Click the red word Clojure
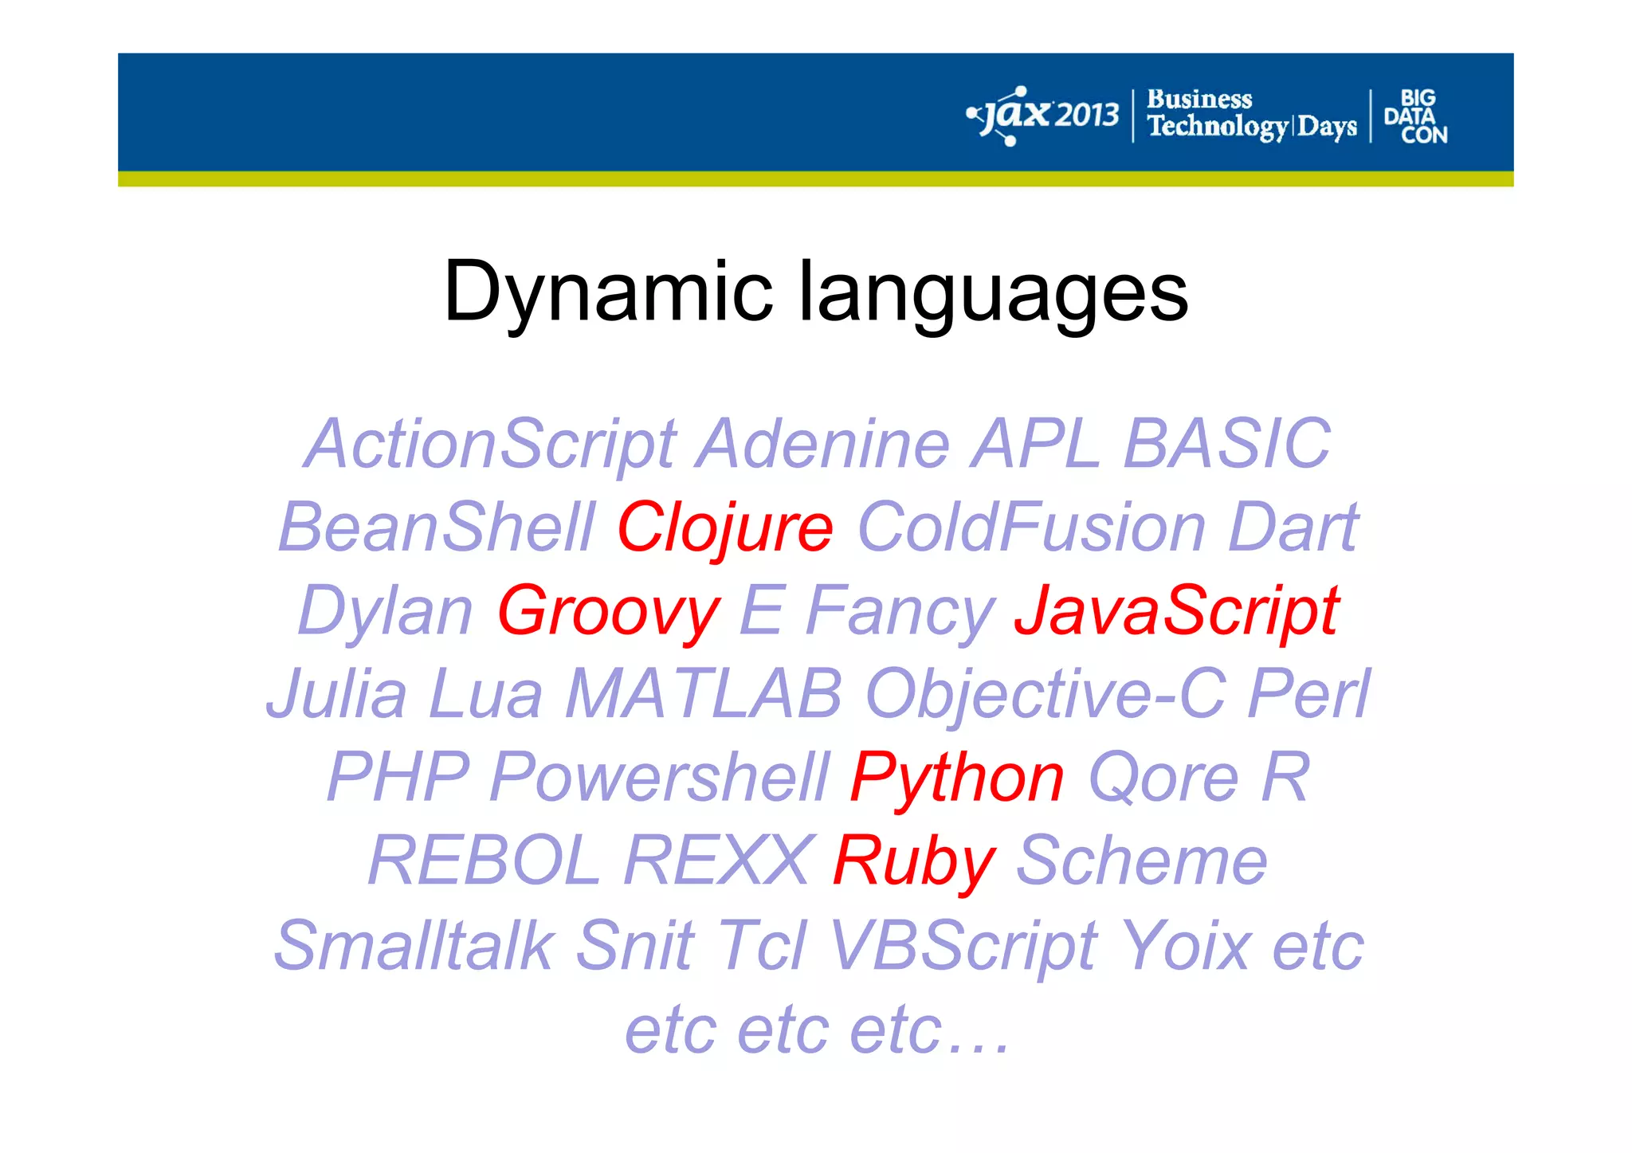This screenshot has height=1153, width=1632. (x=724, y=527)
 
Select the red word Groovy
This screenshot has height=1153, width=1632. (x=608, y=611)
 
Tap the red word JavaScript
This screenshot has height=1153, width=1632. (x=1176, y=611)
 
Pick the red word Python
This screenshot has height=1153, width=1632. (x=956, y=778)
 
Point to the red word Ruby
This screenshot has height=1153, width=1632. (x=913, y=861)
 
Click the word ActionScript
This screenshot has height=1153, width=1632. (x=491, y=444)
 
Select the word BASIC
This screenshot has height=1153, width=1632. (x=1226, y=444)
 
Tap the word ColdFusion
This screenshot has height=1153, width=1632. (x=1031, y=527)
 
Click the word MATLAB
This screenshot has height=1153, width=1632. (x=704, y=694)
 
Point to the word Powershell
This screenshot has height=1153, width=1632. (x=660, y=778)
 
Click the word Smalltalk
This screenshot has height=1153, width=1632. (x=414, y=946)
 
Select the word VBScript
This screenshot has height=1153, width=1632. (x=963, y=946)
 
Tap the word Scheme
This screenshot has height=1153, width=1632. (x=1141, y=861)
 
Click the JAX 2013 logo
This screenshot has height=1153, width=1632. (x=1043, y=116)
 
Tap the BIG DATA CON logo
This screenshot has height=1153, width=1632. (x=1415, y=116)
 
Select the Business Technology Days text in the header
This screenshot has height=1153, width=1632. (x=1251, y=116)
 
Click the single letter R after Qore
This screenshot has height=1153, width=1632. (x=1285, y=778)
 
